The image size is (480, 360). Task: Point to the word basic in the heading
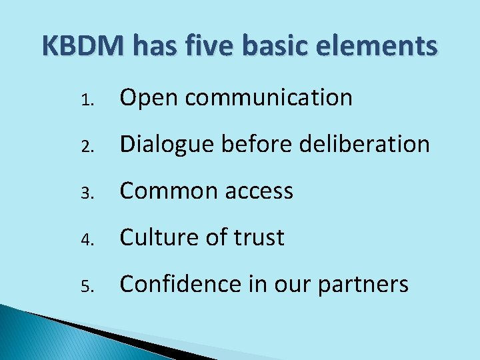click(279, 47)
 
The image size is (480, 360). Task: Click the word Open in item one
click(149, 98)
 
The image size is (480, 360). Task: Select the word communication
click(269, 98)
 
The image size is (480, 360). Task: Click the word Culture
click(156, 238)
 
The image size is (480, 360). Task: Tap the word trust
click(259, 238)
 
